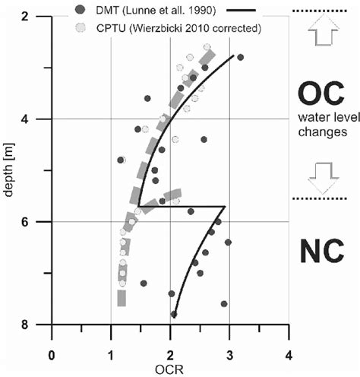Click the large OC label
click(322, 95)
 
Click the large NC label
click(322, 250)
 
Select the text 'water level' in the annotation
click(322, 119)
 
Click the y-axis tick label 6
click(36, 222)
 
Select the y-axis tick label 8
click(36, 325)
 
